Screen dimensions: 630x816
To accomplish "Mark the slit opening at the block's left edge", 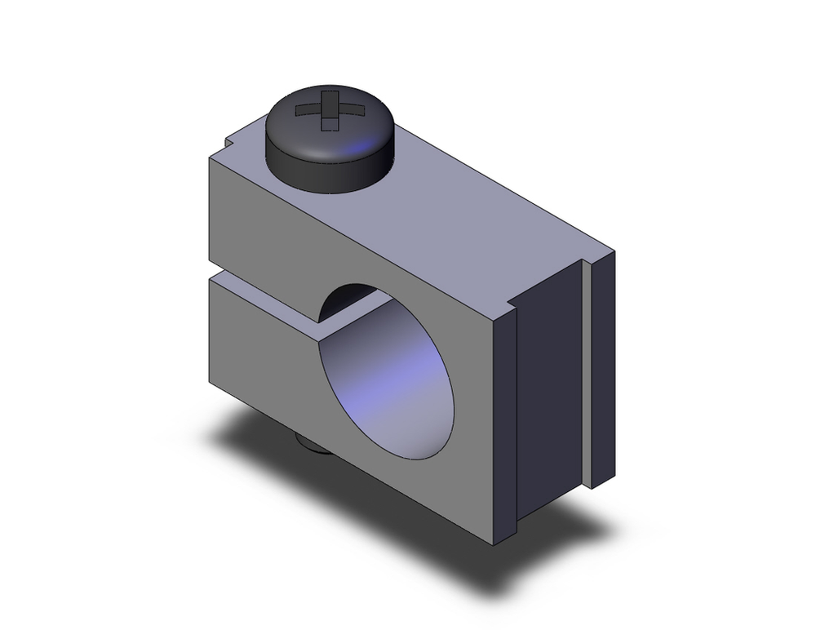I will [x=214, y=273].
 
